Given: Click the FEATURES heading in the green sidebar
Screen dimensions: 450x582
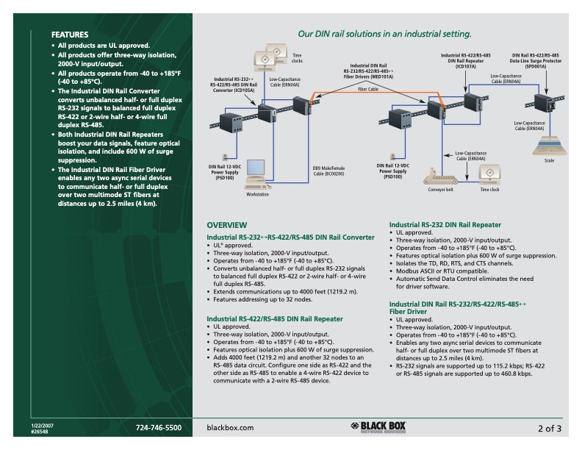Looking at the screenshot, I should pyautogui.click(x=70, y=35).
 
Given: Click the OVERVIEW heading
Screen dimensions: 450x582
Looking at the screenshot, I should pyautogui.click(x=226, y=224).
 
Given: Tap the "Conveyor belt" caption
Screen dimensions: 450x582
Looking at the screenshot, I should pyautogui.click(x=441, y=189).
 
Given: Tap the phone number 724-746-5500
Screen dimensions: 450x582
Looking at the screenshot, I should pyautogui.click(x=159, y=427).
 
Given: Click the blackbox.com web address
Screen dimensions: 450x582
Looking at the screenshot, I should pyautogui.click(x=230, y=427).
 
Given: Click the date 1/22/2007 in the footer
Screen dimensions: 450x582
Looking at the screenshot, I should pyautogui.click(x=62, y=424).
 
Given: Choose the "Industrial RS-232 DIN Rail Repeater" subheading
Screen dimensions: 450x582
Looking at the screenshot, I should pyautogui.click(x=445, y=224).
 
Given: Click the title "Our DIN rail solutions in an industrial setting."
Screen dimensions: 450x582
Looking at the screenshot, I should pyautogui.click(x=384, y=34).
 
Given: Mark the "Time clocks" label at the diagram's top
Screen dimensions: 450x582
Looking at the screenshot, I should pyautogui.click(x=298, y=58).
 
